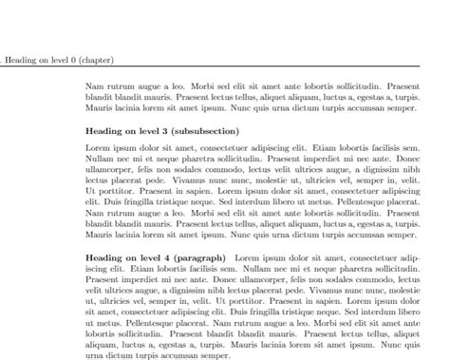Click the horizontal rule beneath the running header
pos(225,66)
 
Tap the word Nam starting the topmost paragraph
pos(93,85)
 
